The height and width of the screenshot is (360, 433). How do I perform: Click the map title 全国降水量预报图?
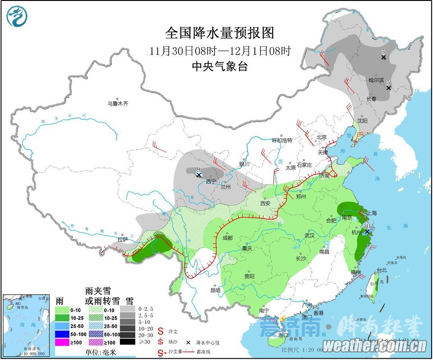220,33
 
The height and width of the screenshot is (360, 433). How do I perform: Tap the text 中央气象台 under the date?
220,66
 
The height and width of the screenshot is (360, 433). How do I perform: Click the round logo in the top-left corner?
17,17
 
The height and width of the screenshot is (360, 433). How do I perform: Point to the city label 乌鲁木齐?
118,104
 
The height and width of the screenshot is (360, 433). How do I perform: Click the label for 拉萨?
123,240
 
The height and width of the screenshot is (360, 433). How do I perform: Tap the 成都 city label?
227,238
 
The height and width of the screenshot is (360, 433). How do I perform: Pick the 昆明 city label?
215,290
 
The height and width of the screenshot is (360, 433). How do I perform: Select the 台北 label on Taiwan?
382,270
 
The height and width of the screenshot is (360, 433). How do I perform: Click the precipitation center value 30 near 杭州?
367,226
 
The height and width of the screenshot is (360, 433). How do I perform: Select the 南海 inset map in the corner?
26,324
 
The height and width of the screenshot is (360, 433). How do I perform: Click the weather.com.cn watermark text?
375,346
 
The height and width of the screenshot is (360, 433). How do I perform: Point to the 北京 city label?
321,137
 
